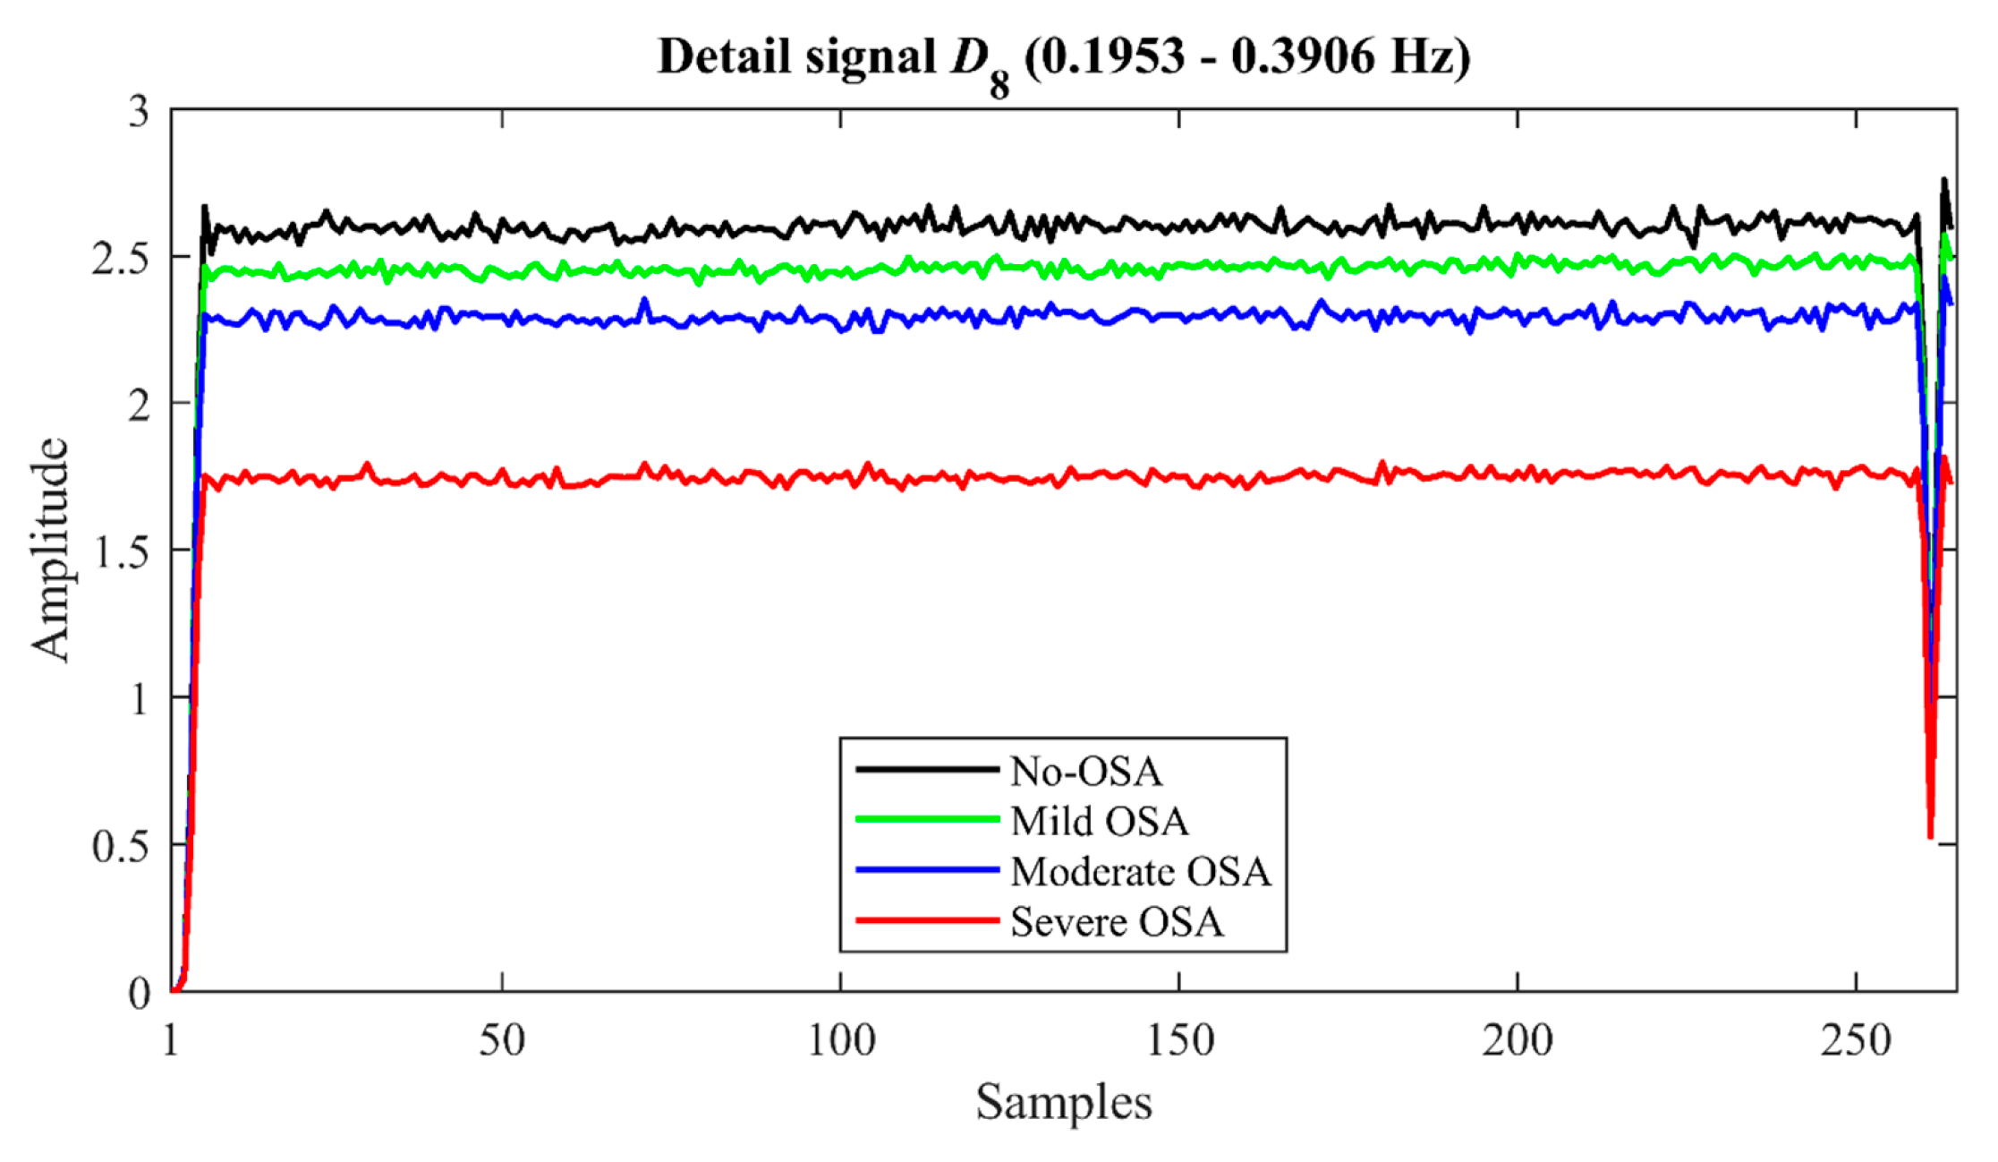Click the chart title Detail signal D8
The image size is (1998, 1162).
tap(1063, 58)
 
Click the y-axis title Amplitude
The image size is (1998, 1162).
tap(50, 550)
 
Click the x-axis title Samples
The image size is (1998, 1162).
tap(1063, 1101)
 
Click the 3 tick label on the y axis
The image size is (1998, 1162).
tap(139, 112)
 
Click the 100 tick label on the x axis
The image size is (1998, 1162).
tap(840, 1041)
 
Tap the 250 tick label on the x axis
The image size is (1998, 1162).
tap(1856, 1041)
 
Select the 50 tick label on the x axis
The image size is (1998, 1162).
tap(501, 1041)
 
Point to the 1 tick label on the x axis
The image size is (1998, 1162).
tap(171, 1041)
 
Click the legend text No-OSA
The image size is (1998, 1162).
tap(1085, 771)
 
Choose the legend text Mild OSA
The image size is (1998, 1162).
tap(1099, 821)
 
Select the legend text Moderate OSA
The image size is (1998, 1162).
tap(1140, 871)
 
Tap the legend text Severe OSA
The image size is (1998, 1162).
tap(1116, 921)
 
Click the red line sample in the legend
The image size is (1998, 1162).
tap(927, 919)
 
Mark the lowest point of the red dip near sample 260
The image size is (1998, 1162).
tap(1930, 836)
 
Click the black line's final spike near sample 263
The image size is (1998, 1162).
tap(1943, 180)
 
